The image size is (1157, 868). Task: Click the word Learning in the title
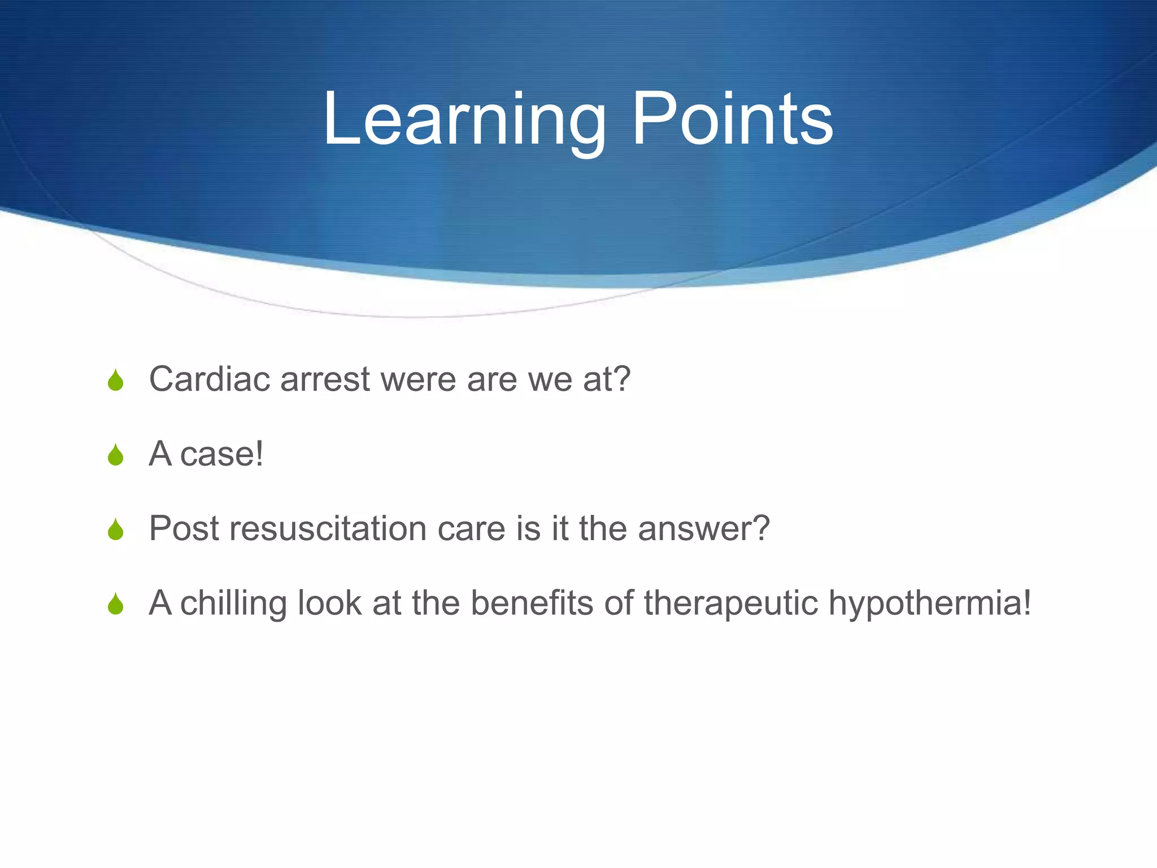click(x=463, y=120)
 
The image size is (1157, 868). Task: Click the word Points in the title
click(x=732, y=120)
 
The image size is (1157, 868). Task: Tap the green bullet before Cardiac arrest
click(x=116, y=380)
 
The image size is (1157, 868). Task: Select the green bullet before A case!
click(x=116, y=455)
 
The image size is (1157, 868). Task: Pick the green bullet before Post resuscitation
click(x=116, y=530)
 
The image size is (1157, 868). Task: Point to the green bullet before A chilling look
click(x=116, y=604)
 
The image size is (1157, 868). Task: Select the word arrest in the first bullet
click(x=325, y=380)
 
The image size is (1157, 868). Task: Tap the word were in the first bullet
click(x=418, y=380)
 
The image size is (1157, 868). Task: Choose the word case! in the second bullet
click(x=221, y=454)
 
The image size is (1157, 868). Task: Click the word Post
click(x=184, y=528)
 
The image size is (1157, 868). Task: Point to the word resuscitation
click(x=328, y=528)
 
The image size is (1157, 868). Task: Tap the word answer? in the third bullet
click(x=703, y=528)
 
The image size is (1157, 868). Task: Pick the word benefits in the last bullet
click(x=532, y=603)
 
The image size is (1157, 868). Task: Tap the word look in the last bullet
click(x=329, y=603)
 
